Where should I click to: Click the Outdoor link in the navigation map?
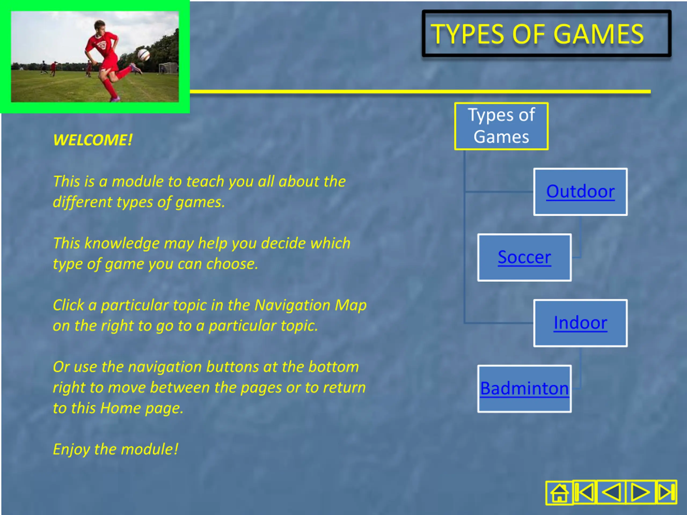580,192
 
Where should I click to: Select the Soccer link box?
524,257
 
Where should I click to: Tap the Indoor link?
580,323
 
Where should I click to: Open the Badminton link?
524,388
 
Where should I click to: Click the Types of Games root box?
501,126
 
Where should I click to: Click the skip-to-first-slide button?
584,492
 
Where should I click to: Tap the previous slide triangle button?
611,492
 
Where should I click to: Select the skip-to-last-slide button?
666,492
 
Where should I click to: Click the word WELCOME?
93,140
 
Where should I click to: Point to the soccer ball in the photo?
144,55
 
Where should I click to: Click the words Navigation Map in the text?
310,305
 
